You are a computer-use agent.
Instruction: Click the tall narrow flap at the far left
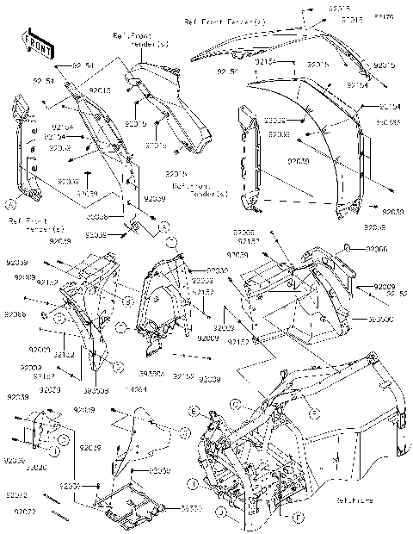(25, 151)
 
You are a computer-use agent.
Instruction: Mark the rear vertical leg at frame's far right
(398, 431)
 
